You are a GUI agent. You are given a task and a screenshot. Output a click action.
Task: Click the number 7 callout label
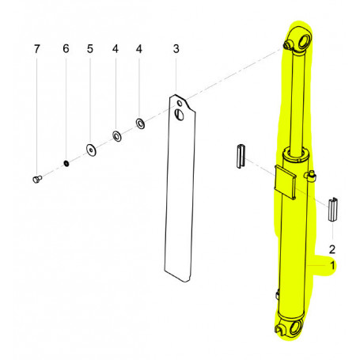[x=36, y=49]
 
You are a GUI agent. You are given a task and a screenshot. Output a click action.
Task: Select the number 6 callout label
[x=66, y=49]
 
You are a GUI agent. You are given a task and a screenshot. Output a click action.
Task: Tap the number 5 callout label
[x=90, y=49]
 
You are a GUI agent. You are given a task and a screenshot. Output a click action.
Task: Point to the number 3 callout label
[x=176, y=49]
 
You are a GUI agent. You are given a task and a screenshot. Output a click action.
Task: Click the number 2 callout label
[x=333, y=247]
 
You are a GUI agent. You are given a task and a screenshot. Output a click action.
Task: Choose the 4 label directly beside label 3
[x=140, y=49]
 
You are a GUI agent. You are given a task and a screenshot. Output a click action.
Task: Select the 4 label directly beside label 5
[x=116, y=49]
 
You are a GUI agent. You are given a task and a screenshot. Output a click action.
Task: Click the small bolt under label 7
[x=36, y=180]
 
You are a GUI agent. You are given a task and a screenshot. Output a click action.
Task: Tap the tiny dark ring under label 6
[x=66, y=164]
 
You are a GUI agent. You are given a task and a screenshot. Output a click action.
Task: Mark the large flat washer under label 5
[x=91, y=150]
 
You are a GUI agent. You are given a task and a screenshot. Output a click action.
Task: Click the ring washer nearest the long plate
[x=140, y=123]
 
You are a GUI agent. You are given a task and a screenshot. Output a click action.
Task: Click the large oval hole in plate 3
[x=181, y=116]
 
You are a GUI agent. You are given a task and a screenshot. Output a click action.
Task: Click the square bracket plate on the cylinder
[x=285, y=183]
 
